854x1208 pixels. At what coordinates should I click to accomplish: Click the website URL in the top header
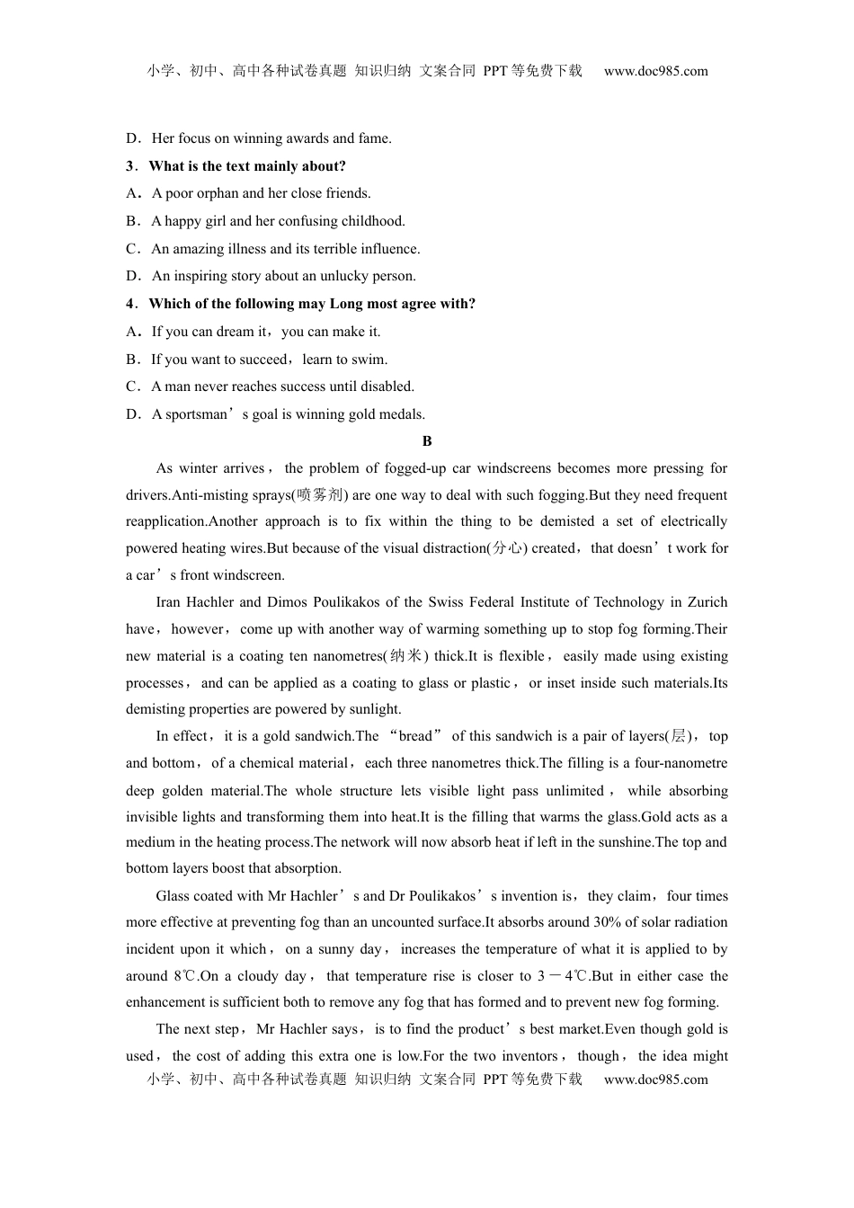pos(655,71)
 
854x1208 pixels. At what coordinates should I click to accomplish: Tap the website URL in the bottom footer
pos(655,1079)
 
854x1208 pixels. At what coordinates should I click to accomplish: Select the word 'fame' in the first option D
pos(373,138)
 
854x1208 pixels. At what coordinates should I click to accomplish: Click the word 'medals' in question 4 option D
pos(401,414)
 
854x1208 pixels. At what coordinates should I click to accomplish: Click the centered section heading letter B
pos(427,441)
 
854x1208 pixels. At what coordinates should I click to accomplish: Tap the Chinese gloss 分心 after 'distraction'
pos(507,548)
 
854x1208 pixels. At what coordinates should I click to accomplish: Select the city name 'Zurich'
pos(707,602)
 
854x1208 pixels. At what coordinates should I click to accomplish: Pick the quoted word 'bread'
pos(415,736)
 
